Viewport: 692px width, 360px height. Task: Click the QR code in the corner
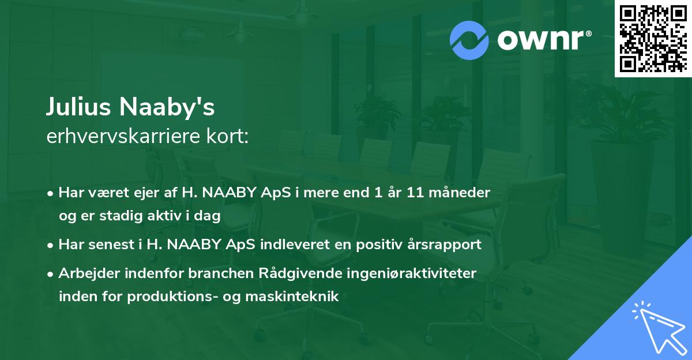pyautogui.click(x=653, y=38)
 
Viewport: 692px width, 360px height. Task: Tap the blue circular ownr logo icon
pyautogui.click(x=469, y=40)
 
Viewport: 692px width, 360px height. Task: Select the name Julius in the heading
pyautogui.click(x=79, y=107)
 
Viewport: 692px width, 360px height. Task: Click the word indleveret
pyautogui.click(x=303, y=245)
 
